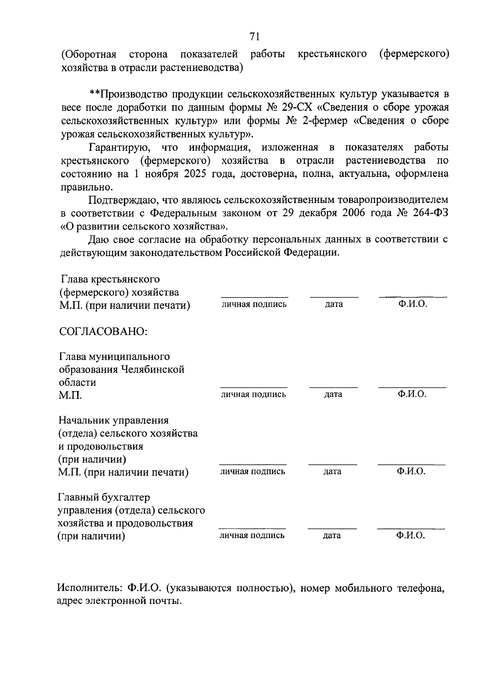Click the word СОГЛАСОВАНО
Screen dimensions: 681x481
103,331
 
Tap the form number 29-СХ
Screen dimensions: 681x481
294,107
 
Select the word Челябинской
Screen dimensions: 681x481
153,369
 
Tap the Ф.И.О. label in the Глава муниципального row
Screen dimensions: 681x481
412,394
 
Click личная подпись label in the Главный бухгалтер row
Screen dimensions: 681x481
252,535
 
